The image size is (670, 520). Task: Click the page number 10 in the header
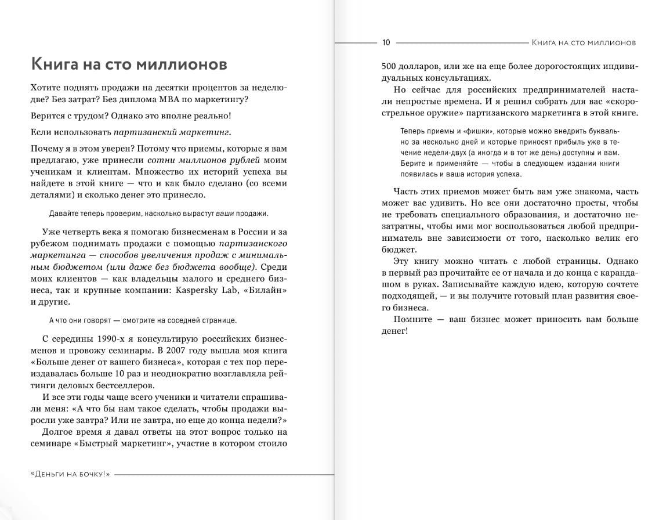(386, 42)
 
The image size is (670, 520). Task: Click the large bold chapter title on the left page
(128, 63)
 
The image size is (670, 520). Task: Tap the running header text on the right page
(584, 42)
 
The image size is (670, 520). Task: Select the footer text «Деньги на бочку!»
(70, 474)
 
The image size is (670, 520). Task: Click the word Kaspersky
(200, 290)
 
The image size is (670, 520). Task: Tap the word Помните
(412, 320)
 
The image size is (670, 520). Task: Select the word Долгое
(59, 432)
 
